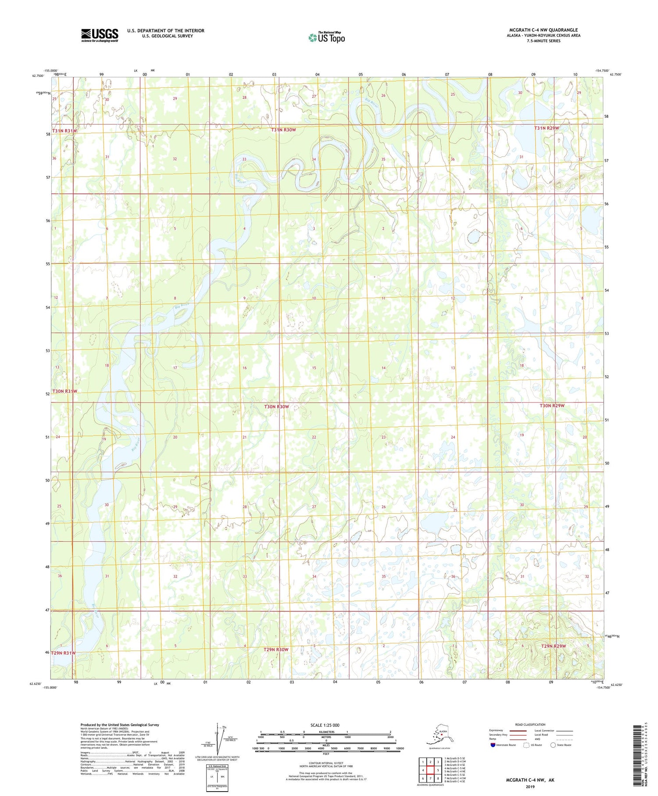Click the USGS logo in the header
(99, 35)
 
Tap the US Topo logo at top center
(326, 38)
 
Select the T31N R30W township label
(283, 130)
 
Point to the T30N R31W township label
(64, 391)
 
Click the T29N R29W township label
(553, 646)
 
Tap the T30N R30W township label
(276, 407)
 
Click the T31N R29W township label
(547, 128)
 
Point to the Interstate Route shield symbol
(493, 745)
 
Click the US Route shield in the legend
(526, 745)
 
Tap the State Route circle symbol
(553, 745)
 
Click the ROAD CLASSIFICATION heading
(530, 724)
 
